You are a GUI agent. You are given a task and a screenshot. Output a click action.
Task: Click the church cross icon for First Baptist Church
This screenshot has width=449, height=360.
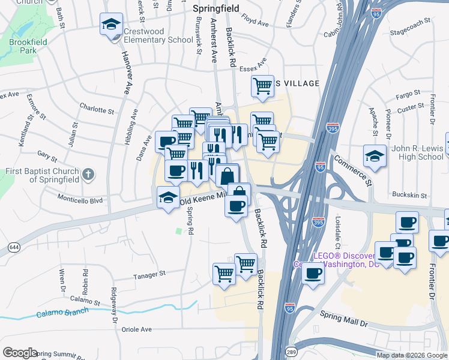88,175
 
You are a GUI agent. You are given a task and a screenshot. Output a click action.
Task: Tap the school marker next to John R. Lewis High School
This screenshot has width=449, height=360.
375,156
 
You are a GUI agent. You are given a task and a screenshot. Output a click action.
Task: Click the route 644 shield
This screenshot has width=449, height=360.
13,247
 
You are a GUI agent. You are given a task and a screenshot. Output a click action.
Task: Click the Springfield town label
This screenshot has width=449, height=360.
215,9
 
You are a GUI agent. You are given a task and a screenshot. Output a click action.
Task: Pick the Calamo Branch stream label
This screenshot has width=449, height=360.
62,313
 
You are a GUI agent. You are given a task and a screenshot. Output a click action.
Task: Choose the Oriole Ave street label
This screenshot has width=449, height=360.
137,329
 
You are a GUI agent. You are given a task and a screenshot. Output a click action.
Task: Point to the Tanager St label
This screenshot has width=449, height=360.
149,273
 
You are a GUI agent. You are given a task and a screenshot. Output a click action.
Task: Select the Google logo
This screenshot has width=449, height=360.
20,353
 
